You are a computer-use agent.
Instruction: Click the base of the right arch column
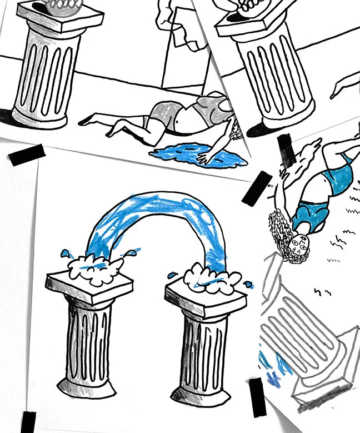pyautogui.click(x=200, y=392)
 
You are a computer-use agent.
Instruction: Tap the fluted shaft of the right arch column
pyautogui.click(x=203, y=345)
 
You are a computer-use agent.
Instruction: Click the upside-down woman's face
pyautogui.click(x=299, y=245)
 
